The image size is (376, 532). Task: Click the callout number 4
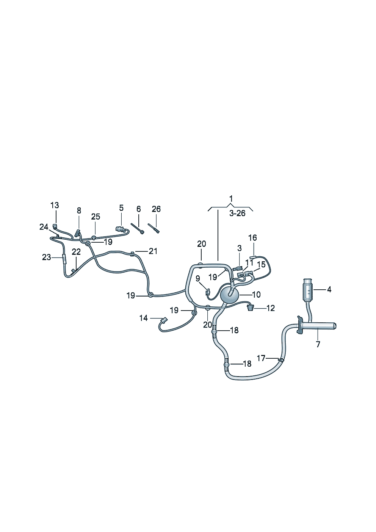[x=329, y=290]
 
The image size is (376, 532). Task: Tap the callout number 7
[x=318, y=344]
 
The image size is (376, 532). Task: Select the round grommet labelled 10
[x=229, y=294]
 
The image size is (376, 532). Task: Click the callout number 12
[x=270, y=308]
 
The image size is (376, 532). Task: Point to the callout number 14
[x=144, y=318]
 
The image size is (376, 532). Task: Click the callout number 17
[x=261, y=358]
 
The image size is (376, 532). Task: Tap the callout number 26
[x=156, y=209]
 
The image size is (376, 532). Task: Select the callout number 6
[x=138, y=209]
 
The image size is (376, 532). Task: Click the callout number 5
[x=121, y=208]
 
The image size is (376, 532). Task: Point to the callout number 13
[x=55, y=205]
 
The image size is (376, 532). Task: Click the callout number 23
[x=46, y=257]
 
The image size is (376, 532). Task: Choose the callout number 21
[x=153, y=251]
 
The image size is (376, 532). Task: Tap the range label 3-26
[x=237, y=213]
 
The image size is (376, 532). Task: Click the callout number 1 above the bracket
[x=231, y=199]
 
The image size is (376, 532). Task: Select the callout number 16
[x=252, y=238]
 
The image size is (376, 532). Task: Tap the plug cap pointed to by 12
[x=249, y=307]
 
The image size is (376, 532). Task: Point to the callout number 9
[x=197, y=278]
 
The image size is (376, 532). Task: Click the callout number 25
[x=96, y=217]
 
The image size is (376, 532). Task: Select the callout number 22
[x=76, y=252]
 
